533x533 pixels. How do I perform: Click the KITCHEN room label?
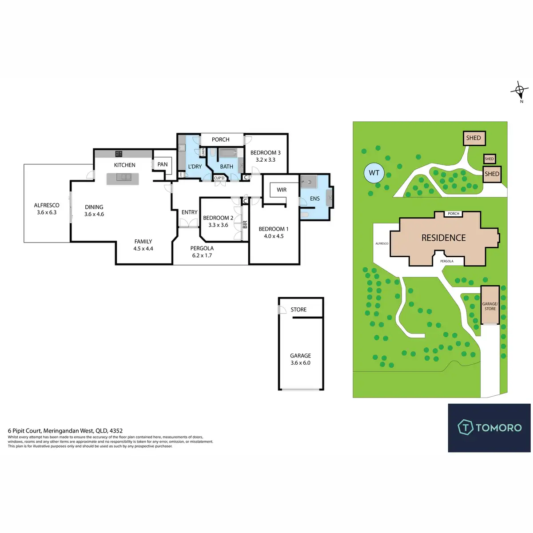pyautogui.click(x=124, y=165)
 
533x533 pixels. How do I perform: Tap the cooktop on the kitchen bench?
pyautogui.click(x=119, y=154)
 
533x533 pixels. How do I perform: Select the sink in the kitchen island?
pyautogui.click(x=123, y=177)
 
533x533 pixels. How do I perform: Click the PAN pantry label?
pyautogui.click(x=163, y=164)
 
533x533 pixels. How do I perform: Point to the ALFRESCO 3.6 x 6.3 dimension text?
pyautogui.click(x=47, y=212)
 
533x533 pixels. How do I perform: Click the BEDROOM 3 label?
pyautogui.click(x=265, y=153)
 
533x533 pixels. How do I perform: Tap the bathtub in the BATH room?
pyautogui.click(x=227, y=154)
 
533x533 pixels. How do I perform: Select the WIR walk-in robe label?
pyautogui.click(x=282, y=190)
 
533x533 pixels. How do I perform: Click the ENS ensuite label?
pyautogui.click(x=315, y=199)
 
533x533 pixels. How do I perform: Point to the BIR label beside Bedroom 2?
pyautogui.click(x=245, y=225)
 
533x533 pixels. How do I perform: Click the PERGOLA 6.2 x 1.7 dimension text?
pyautogui.click(x=202, y=255)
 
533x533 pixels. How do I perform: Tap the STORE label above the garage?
pyautogui.click(x=298, y=310)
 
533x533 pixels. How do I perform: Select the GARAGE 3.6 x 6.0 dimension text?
pyautogui.click(x=300, y=363)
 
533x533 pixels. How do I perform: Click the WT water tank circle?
pyautogui.click(x=374, y=173)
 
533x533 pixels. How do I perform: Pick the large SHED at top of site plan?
pyautogui.click(x=473, y=138)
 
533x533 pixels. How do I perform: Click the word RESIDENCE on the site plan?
pyautogui.click(x=443, y=238)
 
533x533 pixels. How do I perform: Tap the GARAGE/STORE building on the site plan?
pyautogui.click(x=490, y=306)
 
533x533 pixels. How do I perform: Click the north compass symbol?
pyautogui.click(x=519, y=91)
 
